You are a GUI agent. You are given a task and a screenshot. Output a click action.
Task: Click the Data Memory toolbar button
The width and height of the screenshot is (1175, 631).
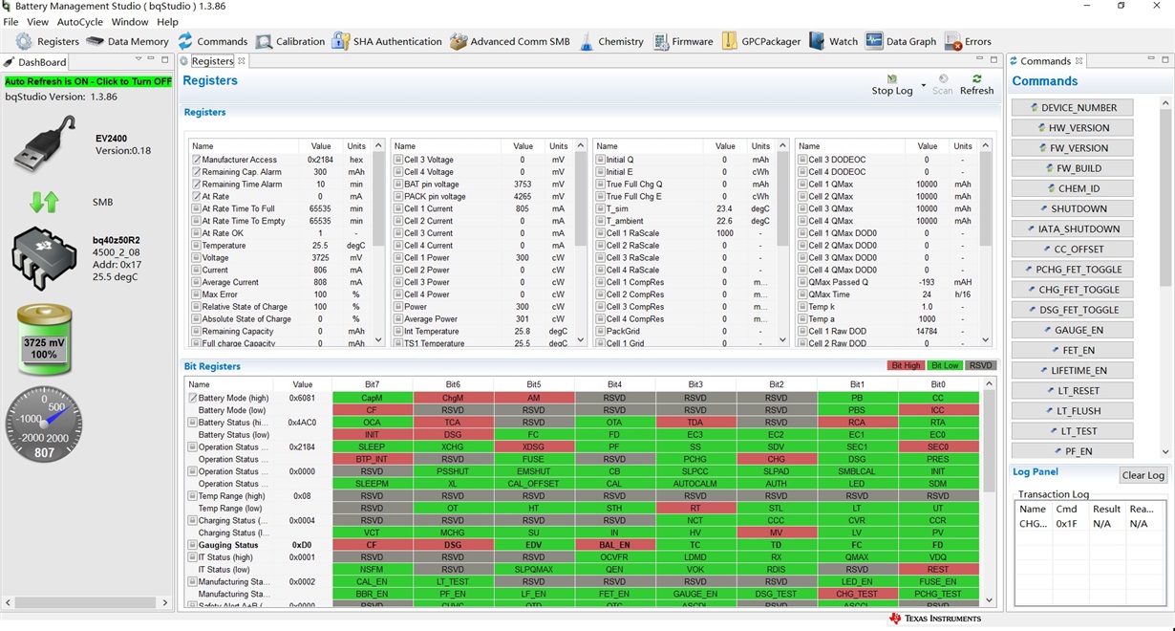coord(127,41)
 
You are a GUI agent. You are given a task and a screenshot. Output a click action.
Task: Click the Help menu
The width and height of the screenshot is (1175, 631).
coord(167,21)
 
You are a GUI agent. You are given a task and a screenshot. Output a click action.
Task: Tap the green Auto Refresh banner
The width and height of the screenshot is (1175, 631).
coord(88,81)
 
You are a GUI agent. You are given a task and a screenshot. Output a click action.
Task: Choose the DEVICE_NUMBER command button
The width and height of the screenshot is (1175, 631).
coord(1073,108)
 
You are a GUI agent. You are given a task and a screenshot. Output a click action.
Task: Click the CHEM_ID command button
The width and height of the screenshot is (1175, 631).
coord(1073,188)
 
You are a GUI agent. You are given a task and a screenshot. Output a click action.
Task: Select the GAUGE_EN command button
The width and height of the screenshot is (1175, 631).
coord(1073,330)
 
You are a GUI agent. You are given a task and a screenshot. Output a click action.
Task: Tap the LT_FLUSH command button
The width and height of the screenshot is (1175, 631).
coord(1073,411)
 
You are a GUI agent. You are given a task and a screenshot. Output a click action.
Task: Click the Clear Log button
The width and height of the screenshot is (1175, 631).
coord(1143,475)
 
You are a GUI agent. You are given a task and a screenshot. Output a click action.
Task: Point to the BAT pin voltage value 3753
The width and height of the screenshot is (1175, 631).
coord(522,185)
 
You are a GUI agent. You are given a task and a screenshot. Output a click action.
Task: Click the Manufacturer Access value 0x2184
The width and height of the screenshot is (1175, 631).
coord(320,160)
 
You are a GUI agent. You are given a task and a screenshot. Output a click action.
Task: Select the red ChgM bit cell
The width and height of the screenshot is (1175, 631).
coord(453,398)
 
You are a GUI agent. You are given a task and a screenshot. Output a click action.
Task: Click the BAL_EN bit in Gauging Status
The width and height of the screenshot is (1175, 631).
coord(614,545)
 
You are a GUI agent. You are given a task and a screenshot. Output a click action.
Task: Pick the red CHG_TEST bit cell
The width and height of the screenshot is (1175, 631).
coord(857,594)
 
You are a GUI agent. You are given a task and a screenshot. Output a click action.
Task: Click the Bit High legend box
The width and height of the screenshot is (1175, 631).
coord(906,365)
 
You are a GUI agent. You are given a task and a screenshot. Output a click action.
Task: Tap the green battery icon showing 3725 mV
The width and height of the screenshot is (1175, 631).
coord(44,340)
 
